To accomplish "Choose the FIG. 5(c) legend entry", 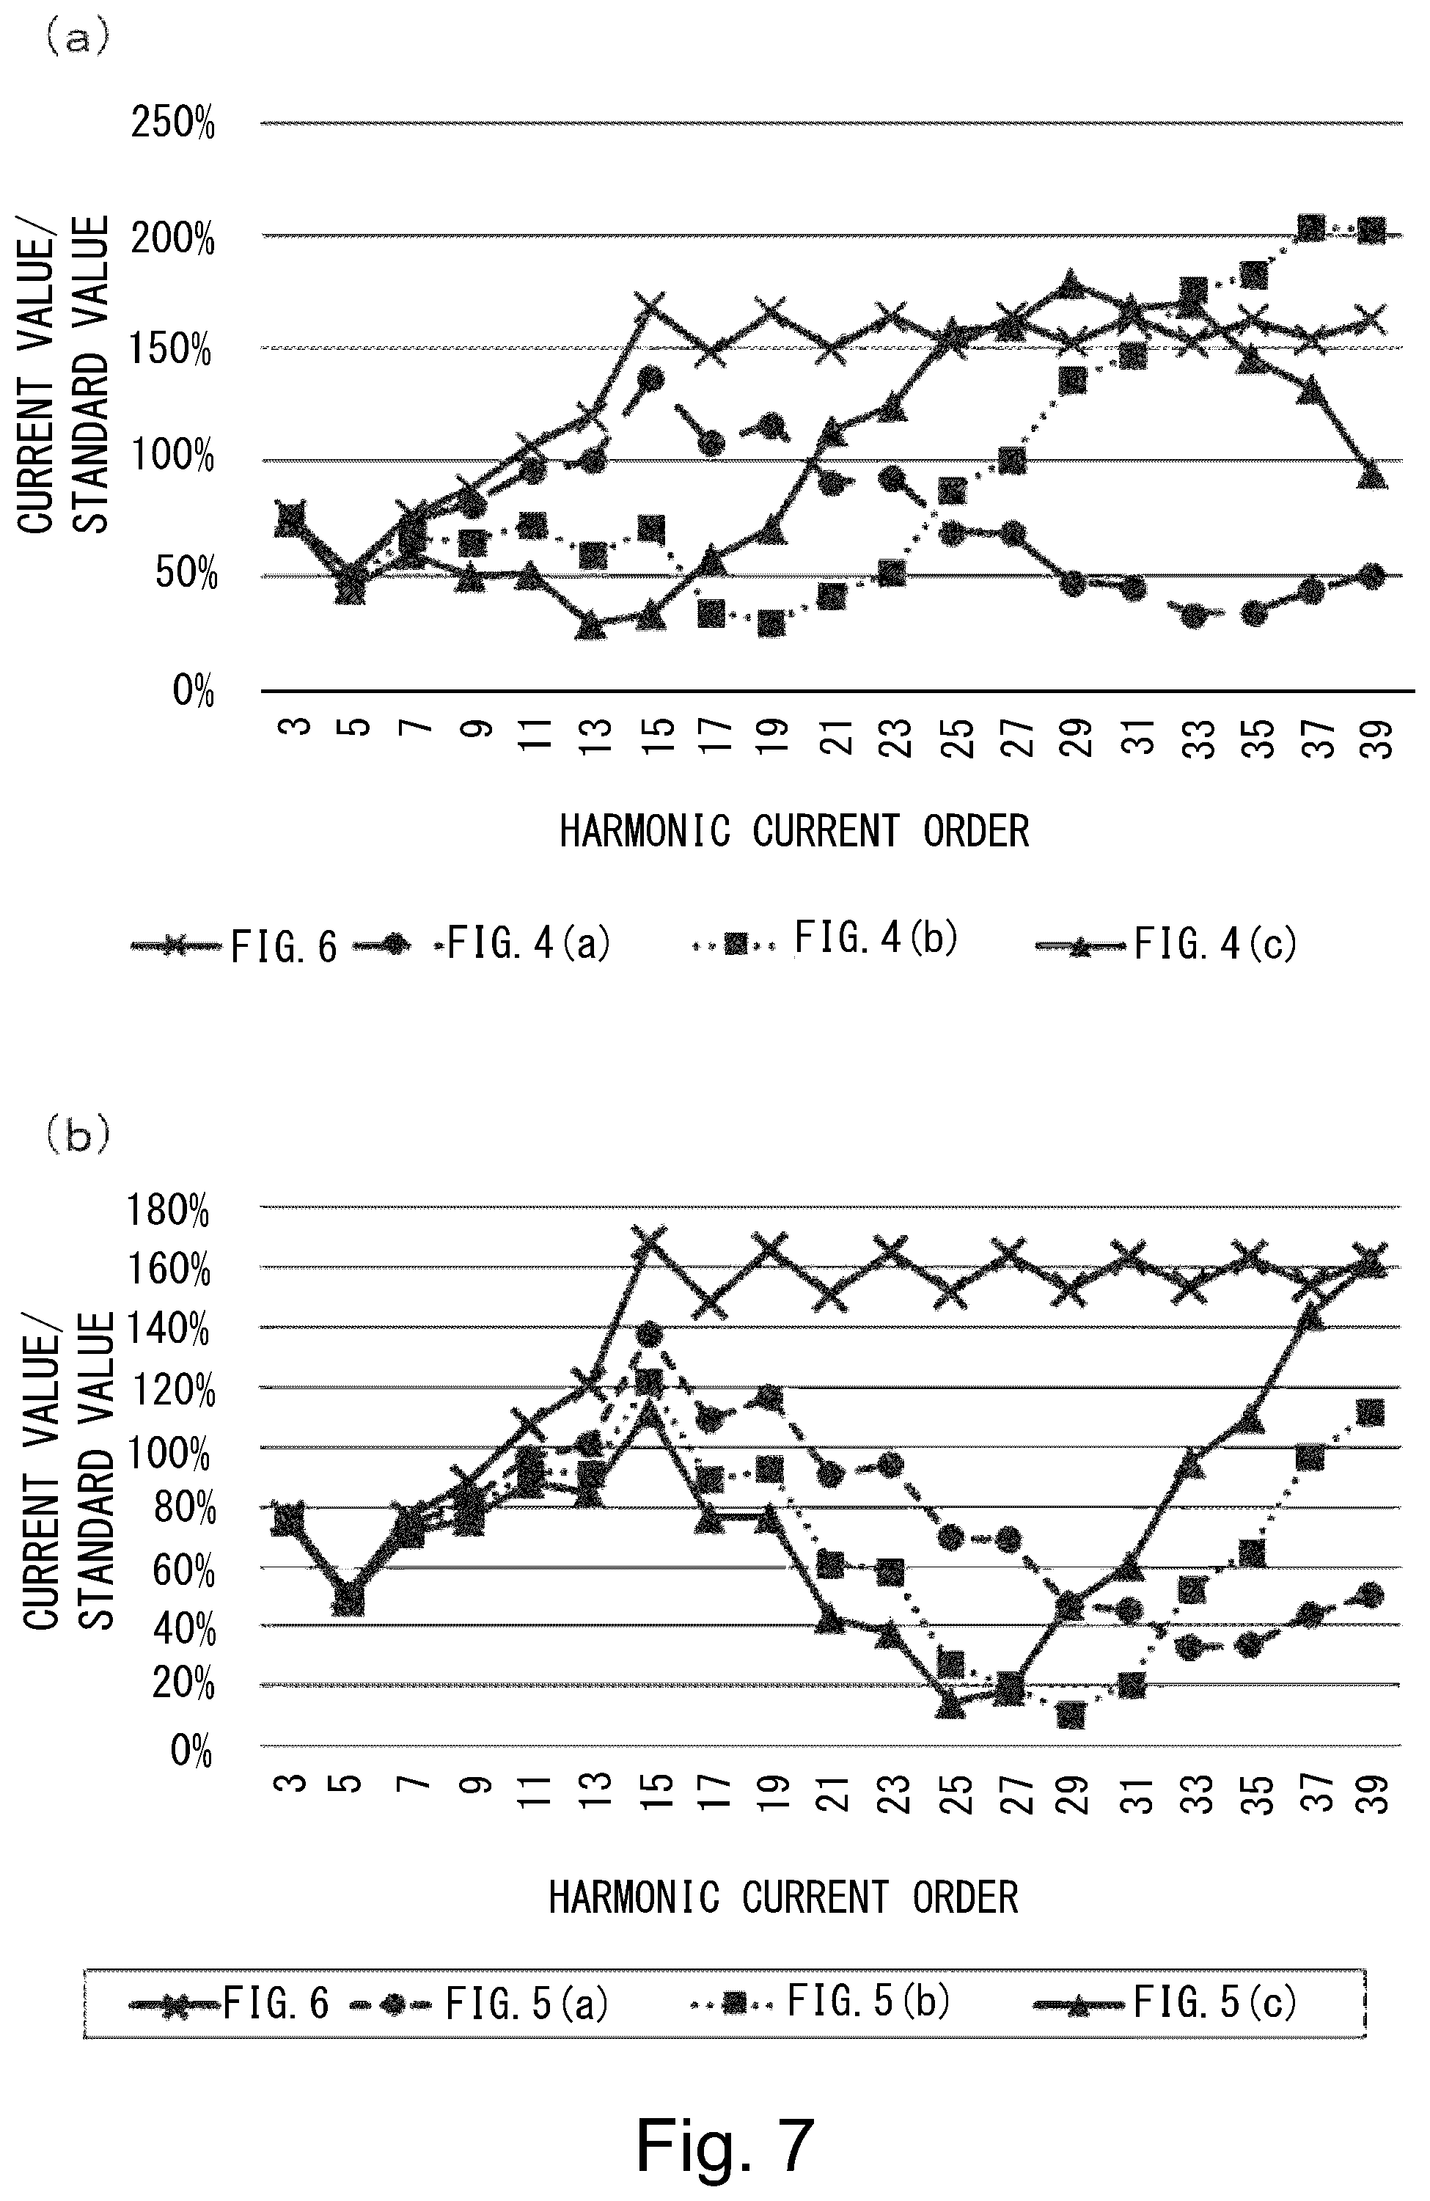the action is [x=1165, y=2003].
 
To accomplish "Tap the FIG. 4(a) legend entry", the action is [x=481, y=944].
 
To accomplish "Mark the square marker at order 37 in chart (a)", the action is [x=1310, y=227].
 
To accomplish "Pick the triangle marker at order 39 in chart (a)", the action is [x=1373, y=475].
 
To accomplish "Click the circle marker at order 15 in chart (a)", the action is [x=650, y=378].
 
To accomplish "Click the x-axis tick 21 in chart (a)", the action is [x=839, y=737].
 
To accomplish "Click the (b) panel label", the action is [x=78, y=1135].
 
